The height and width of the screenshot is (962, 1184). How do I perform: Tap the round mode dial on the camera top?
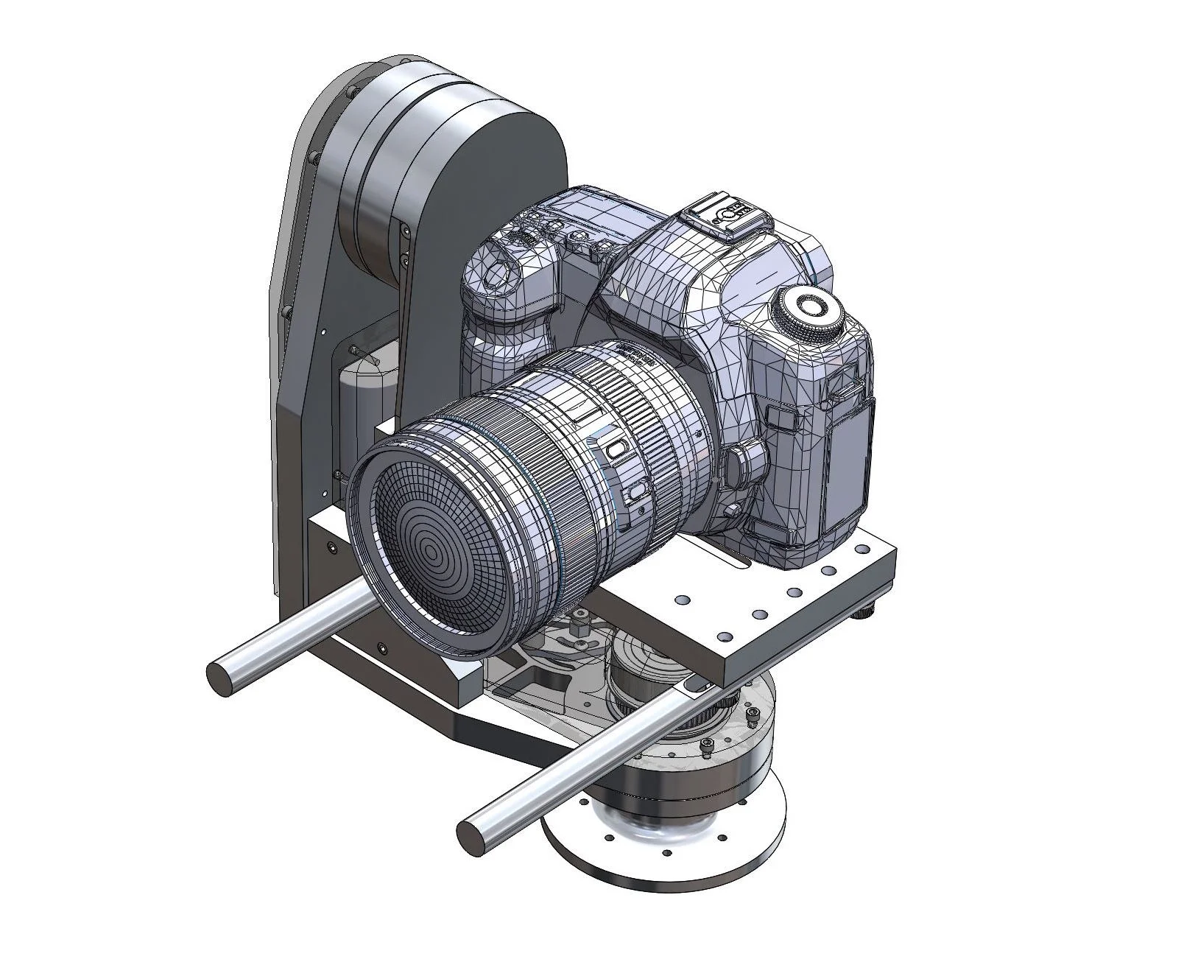tap(810, 309)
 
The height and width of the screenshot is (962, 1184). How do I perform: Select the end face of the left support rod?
tap(219, 676)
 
